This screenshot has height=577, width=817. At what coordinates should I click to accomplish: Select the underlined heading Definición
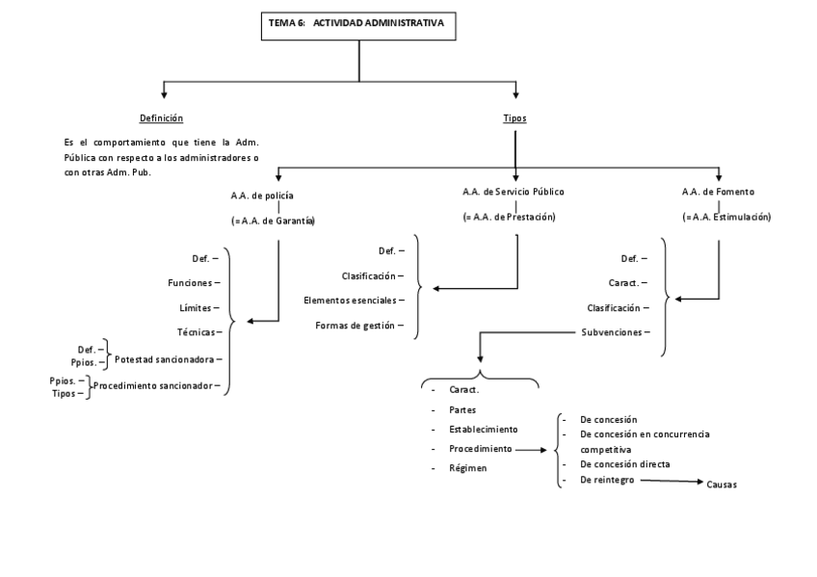click(x=161, y=118)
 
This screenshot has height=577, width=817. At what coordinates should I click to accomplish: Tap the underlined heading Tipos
click(x=514, y=118)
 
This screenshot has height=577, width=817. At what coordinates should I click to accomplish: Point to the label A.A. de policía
click(x=261, y=196)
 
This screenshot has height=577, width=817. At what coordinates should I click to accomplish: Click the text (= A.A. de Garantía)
click(x=274, y=221)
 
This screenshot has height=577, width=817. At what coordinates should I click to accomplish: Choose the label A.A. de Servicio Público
click(x=513, y=192)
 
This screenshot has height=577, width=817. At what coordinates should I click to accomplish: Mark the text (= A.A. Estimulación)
click(x=726, y=217)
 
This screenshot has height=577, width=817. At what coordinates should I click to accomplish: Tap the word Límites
click(x=196, y=307)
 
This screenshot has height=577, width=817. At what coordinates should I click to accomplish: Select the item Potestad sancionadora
click(x=166, y=359)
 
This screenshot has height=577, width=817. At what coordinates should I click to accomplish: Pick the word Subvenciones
click(x=613, y=332)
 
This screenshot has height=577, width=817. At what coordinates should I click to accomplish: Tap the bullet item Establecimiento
click(x=484, y=429)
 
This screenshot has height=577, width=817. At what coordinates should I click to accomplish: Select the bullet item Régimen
click(x=466, y=468)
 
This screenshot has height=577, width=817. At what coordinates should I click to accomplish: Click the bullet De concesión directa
click(x=624, y=464)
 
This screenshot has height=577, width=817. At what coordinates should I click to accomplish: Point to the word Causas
click(x=722, y=485)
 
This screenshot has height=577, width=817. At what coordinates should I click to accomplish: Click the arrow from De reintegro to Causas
click(x=671, y=482)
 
